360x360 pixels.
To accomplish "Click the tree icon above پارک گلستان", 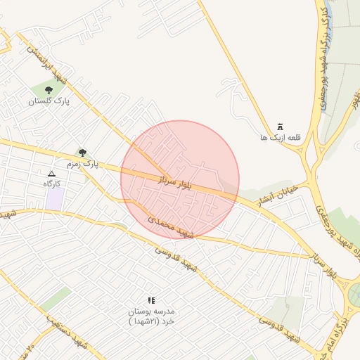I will (x=49, y=90).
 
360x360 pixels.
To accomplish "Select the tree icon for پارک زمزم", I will (x=83, y=152).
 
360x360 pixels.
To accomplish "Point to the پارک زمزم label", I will (x=83, y=164).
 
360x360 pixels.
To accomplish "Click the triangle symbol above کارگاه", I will (x=51, y=173).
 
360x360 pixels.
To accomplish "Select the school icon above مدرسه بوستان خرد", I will (x=151, y=300).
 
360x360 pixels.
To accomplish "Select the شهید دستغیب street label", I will (x=67, y=334).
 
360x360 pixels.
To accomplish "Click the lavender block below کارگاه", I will (x=54, y=198).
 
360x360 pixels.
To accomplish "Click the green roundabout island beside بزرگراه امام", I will (x=355, y=291).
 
